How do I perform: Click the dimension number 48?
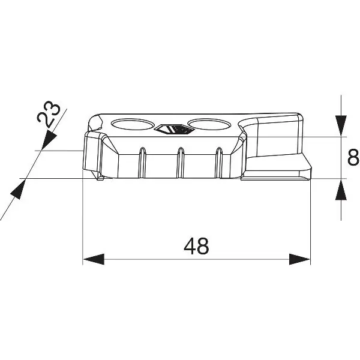[196, 246]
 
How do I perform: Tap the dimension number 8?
[353, 157]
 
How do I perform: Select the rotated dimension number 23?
[49, 114]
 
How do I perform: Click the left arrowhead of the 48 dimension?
[94, 259]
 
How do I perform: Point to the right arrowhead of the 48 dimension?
[299, 259]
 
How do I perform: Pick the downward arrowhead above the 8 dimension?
[341, 126]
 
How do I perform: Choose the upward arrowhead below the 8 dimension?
[341, 189]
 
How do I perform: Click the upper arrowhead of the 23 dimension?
[49, 139]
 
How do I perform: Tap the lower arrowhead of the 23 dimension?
[18, 190]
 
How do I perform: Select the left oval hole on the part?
[133, 124]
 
